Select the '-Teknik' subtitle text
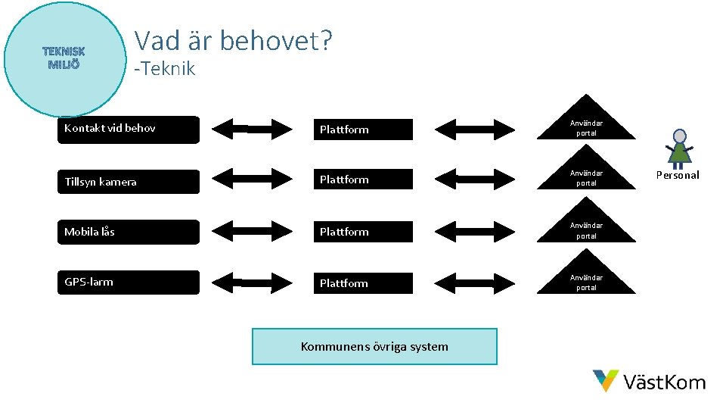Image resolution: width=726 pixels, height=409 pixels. point(164,69)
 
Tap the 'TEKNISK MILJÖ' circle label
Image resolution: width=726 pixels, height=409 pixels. point(64,58)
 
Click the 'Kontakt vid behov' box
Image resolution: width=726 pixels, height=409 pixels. point(129,129)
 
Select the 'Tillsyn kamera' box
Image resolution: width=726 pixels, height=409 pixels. point(129,181)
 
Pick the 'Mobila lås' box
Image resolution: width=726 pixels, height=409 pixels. point(129,232)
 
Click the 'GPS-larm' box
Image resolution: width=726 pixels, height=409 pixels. point(129,283)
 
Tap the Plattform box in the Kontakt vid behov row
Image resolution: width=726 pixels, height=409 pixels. point(362,130)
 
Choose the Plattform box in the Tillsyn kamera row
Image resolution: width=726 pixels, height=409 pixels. point(362,180)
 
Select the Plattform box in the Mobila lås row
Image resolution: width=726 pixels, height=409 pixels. point(362,232)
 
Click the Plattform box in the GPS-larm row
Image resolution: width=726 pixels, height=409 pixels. point(362,283)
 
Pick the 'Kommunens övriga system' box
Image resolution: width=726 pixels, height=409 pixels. point(374,347)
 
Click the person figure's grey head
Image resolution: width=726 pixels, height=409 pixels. point(680,136)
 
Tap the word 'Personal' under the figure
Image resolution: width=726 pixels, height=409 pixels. point(677,175)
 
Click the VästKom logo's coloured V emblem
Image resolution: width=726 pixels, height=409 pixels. point(605,380)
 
